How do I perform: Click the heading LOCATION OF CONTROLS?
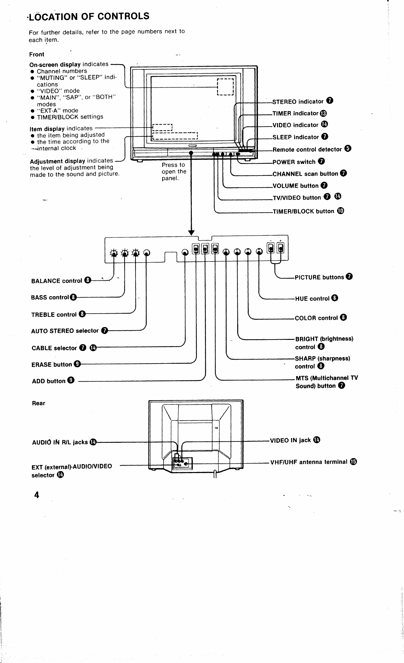pos(89,16)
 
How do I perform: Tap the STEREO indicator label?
pos(298,102)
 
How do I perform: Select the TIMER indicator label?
pos(295,113)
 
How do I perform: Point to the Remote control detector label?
pos(307,150)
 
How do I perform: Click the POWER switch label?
pos(294,162)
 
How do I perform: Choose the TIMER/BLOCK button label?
pos(303,211)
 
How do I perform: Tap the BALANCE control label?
pos(57,281)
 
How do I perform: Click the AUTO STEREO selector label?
pos(65,331)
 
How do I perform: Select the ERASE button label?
pos(52,365)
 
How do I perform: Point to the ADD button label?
pos(49,381)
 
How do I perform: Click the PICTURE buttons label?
pos(319,277)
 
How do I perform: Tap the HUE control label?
pos(312,299)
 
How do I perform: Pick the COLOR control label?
pos(316,318)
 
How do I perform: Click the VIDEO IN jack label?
pos(290,440)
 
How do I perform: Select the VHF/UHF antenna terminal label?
pos(309,462)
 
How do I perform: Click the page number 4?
pos(37,495)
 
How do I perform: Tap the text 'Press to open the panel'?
pos(174,172)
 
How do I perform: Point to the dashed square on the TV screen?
pos(225,87)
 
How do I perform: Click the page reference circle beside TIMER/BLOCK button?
pos(341,211)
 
